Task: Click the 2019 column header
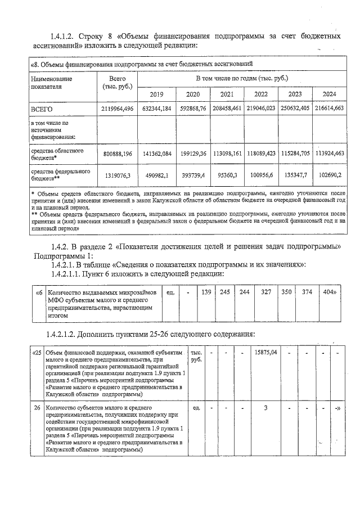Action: point(155,94)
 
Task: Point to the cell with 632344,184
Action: point(155,108)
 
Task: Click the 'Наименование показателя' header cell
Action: point(52,83)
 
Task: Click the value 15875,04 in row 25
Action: point(267,352)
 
